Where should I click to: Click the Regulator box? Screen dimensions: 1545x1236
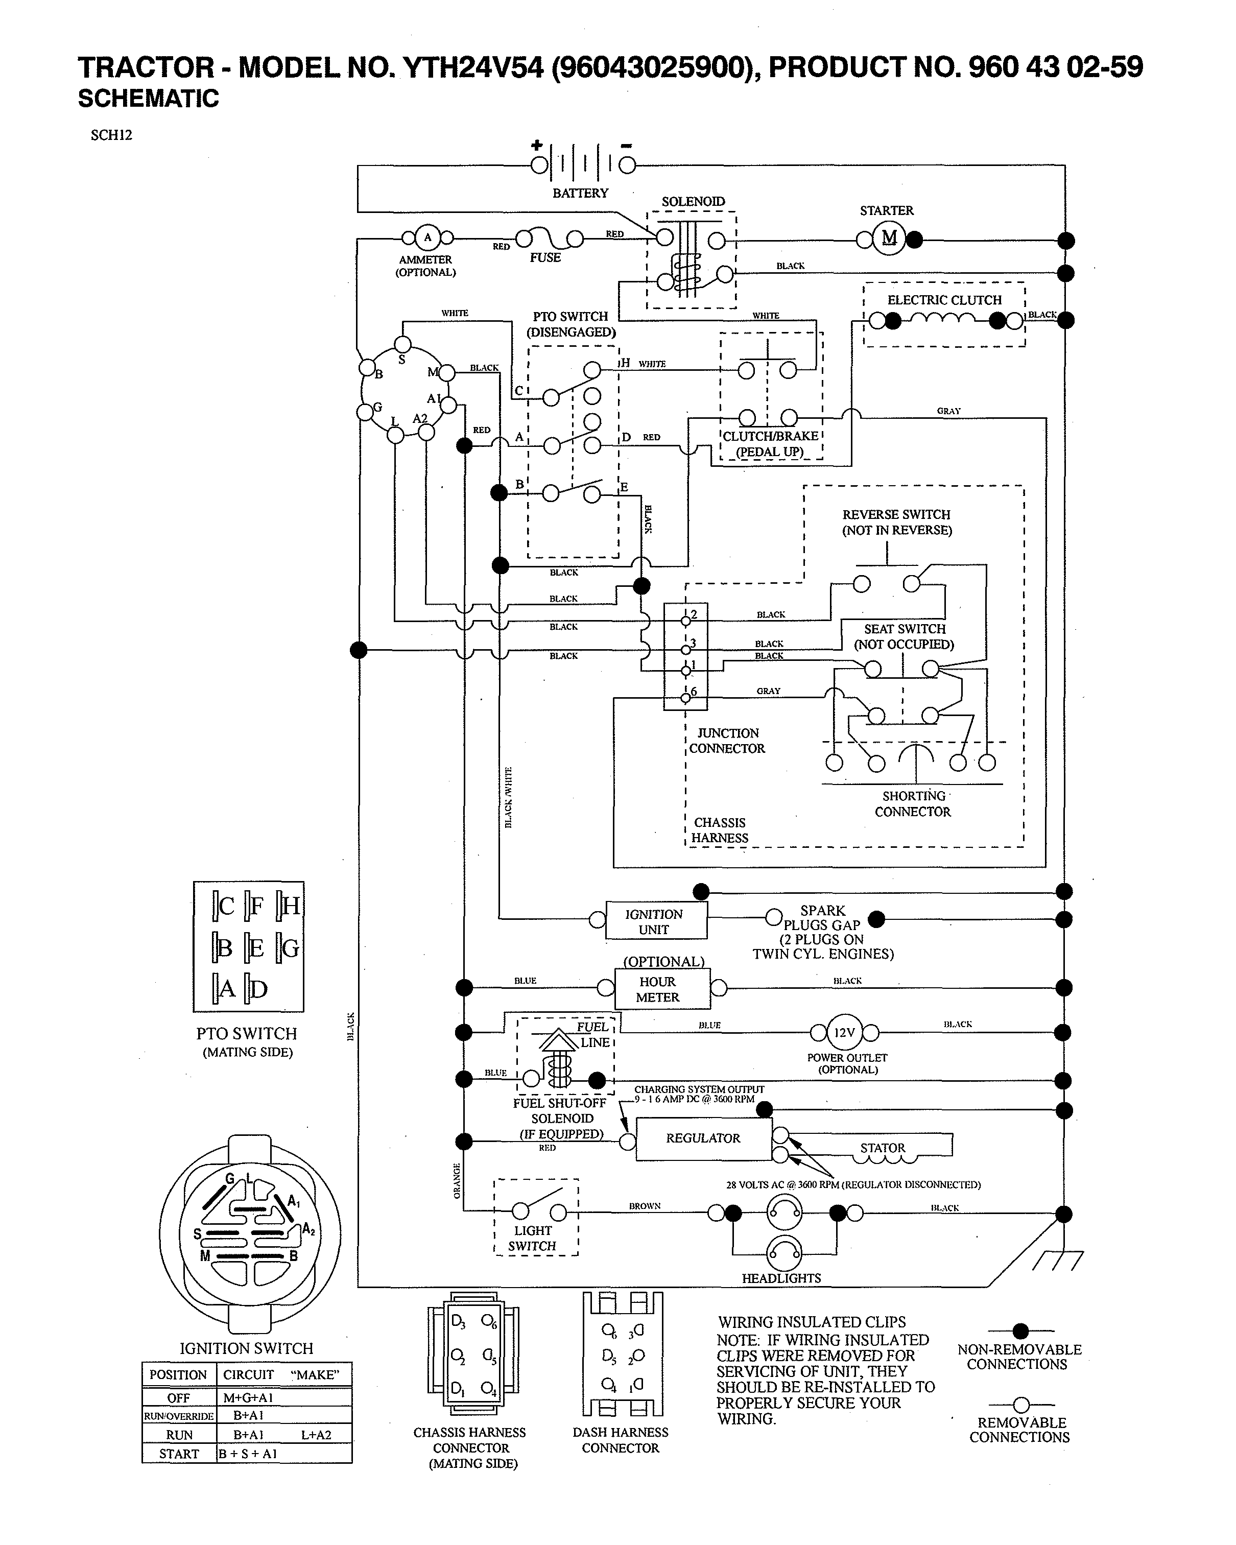(703, 1138)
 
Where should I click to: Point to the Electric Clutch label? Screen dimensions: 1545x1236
(944, 300)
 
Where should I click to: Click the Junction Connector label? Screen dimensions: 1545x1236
(727, 740)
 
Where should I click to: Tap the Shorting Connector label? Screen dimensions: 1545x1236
(913, 803)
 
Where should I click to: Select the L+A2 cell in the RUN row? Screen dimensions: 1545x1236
(316, 1435)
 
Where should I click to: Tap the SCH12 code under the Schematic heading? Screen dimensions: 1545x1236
(111, 135)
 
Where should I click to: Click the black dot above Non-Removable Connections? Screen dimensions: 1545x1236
(1020, 1332)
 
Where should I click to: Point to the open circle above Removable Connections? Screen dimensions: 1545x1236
(1021, 1405)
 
